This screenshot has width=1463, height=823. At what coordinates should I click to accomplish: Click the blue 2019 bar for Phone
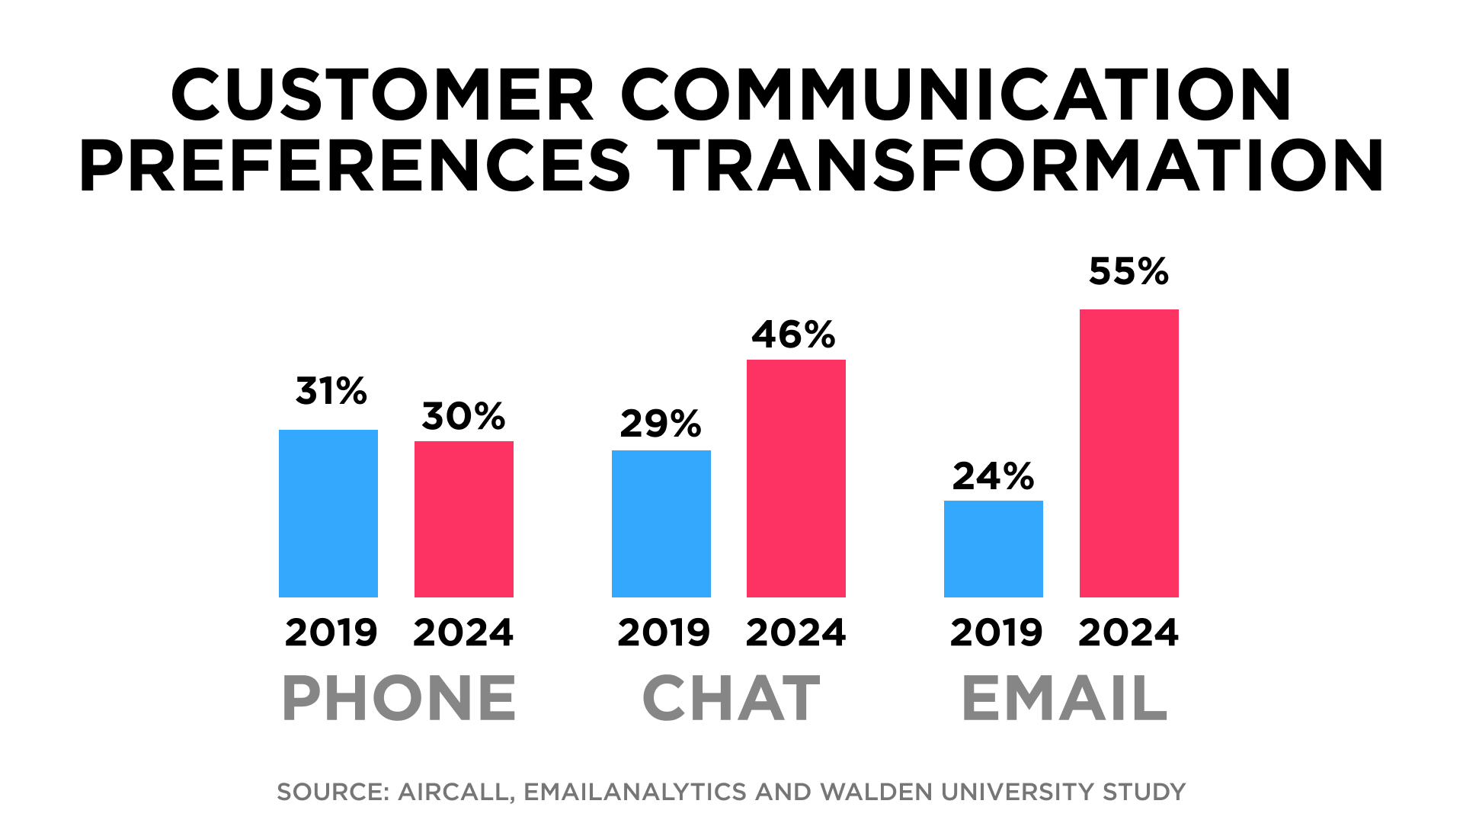(328, 513)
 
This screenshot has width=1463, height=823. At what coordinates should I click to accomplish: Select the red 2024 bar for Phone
(464, 519)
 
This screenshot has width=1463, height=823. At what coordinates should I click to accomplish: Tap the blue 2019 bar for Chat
(661, 524)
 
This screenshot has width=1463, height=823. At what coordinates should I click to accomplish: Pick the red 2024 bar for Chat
(796, 478)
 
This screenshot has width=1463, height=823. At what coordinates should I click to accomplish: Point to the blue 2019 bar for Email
(994, 549)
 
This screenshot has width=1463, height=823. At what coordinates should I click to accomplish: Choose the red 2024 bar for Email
(1129, 453)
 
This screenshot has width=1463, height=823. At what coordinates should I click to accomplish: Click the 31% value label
(331, 391)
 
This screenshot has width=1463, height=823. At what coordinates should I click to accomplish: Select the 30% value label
(463, 416)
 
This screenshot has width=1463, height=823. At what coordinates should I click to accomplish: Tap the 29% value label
(661, 424)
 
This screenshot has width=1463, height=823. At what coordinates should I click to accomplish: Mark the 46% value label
(794, 335)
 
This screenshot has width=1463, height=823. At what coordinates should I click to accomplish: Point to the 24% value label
(994, 476)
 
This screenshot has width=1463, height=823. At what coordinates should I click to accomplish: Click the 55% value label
(1128, 271)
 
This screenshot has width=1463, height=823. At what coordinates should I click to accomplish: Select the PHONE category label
(399, 698)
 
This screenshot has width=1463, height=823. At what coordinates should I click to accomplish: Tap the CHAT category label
(731, 698)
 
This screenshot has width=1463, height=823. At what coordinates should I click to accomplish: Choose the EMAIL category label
(1064, 698)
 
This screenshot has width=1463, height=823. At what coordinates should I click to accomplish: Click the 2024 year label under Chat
(796, 632)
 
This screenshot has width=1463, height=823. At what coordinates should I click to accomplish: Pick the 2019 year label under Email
(996, 632)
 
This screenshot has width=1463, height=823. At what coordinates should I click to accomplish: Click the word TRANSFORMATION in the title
(1020, 165)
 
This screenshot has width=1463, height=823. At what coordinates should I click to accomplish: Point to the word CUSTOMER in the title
(382, 95)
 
